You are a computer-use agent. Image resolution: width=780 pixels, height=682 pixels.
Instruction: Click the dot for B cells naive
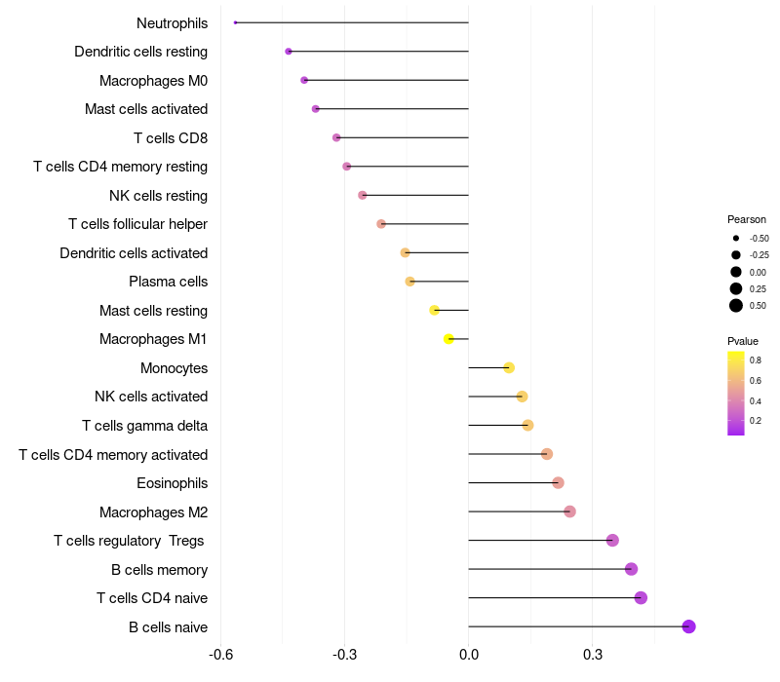coord(688,626)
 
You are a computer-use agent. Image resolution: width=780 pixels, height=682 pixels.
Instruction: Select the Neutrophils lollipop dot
coord(236,22)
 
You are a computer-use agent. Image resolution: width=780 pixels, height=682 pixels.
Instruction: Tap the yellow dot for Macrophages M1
coord(448,339)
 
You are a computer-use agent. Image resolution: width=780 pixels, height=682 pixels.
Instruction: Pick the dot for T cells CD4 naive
coord(641,598)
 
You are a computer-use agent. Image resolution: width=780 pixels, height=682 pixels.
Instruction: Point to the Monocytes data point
coord(509,367)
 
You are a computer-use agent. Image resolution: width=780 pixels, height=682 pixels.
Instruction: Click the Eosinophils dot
coord(558,483)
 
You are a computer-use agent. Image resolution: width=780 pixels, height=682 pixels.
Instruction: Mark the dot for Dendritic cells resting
coord(289,52)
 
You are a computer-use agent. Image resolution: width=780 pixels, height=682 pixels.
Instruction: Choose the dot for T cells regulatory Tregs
coord(612,541)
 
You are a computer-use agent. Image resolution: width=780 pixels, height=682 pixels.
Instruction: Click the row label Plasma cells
coord(168,282)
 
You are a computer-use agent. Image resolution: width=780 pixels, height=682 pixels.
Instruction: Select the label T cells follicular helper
coord(137,224)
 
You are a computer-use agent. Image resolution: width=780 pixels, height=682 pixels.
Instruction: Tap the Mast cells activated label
coord(146,109)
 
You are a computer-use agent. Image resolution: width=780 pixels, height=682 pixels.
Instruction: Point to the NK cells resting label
coord(158,196)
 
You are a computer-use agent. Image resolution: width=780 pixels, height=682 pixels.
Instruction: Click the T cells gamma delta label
coord(144,426)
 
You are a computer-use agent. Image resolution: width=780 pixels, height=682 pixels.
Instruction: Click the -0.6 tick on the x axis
coord(221,655)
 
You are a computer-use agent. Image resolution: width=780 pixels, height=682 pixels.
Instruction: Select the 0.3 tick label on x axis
coord(593,655)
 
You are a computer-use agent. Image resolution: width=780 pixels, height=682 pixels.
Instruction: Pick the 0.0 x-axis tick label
coord(469,655)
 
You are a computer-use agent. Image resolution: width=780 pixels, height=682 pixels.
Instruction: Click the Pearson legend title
coord(747,219)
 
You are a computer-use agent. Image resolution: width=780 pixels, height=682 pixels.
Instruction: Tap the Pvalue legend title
coord(743,341)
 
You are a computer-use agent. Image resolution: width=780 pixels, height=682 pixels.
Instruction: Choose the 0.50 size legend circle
coord(736,306)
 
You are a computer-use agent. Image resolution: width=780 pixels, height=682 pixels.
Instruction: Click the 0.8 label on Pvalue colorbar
coord(756,360)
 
